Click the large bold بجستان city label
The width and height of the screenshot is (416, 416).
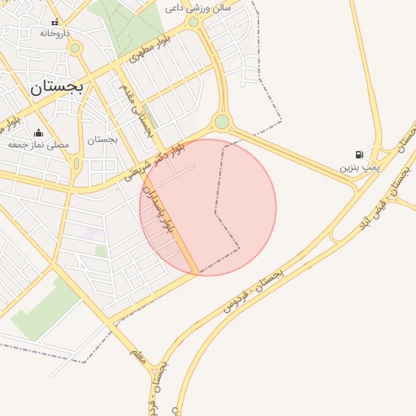tap(57, 88)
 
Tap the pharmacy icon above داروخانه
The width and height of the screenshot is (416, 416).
tap(55, 23)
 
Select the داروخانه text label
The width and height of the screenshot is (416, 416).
tap(55, 33)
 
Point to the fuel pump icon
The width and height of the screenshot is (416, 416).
tap(359, 155)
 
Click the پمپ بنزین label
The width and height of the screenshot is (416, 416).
tap(359, 167)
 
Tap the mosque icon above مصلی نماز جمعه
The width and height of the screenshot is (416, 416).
tap(38, 132)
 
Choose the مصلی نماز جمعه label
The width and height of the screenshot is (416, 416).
tap(38, 144)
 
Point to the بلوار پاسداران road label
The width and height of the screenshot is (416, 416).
tap(158, 209)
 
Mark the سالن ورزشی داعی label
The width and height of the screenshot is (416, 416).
tap(197, 7)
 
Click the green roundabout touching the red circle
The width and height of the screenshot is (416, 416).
tap(222, 122)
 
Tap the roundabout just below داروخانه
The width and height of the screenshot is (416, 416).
tap(75, 48)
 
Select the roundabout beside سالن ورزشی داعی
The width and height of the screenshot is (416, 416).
tap(193, 22)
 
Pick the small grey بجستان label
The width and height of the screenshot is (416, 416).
tap(102, 139)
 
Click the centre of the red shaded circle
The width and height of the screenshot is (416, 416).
tap(208, 207)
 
